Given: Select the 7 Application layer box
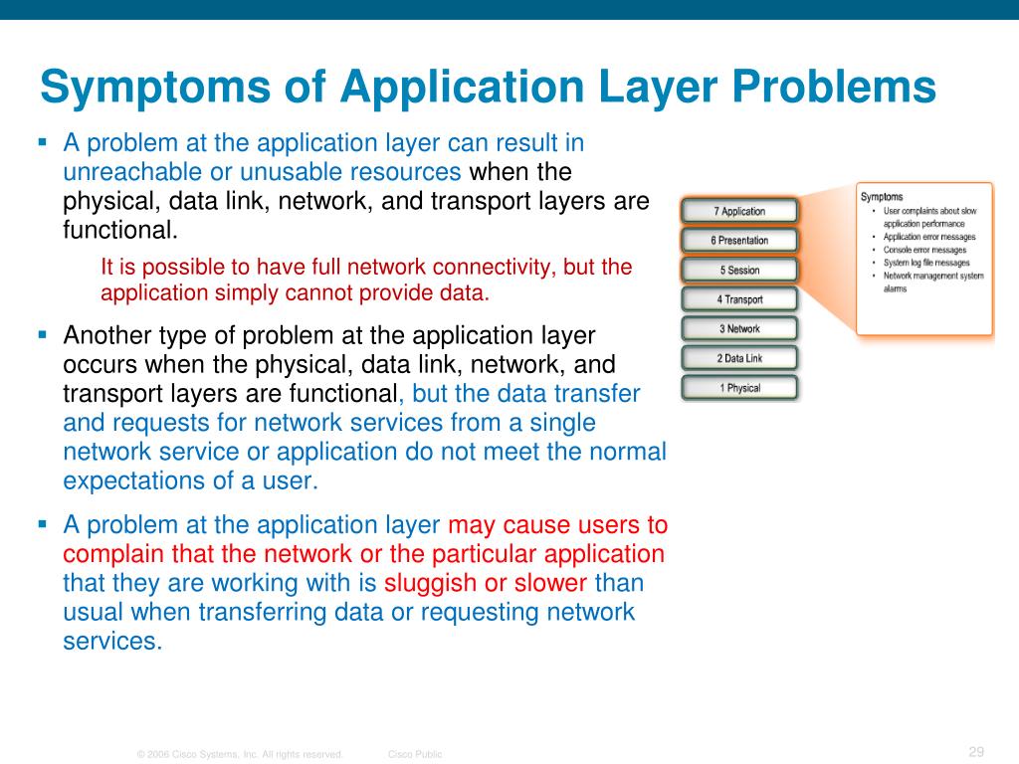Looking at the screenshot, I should click(x=739, y=211).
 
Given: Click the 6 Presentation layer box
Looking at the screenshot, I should click(x=739, y=241).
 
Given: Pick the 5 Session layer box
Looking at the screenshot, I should click(x=739, y=270).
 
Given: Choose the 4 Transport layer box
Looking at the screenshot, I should click(x=739, y=299).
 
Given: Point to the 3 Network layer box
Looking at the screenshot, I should click(x=739, y=329).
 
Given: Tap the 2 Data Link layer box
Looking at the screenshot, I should click(x=739, y=358).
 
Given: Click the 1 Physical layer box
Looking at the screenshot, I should click(x=739, y=388).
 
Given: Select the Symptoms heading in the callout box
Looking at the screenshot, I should click(x=882, y=197).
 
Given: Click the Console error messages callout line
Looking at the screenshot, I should click(x=924, y=250).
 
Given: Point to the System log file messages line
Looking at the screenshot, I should click(x=926, y=263).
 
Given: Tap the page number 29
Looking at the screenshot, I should click(x=975, y=751).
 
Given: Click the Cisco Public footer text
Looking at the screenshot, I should click(x=415, y=755).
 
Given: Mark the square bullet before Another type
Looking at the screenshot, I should click(x=43, y=334).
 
